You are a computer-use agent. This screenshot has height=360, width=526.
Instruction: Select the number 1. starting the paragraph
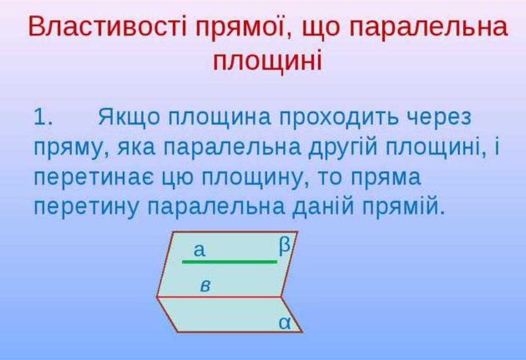[43, 117]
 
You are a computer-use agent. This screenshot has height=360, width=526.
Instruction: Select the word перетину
[86, 207]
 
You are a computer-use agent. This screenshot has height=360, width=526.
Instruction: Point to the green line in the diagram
[230, 261]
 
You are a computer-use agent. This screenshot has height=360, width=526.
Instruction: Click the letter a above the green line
[199, 250]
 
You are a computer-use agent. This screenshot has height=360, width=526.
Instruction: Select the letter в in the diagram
[205, 286]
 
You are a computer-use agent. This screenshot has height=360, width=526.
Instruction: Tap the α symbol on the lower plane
[285, 323]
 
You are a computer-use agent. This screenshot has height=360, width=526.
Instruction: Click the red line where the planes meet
[219, 296]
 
